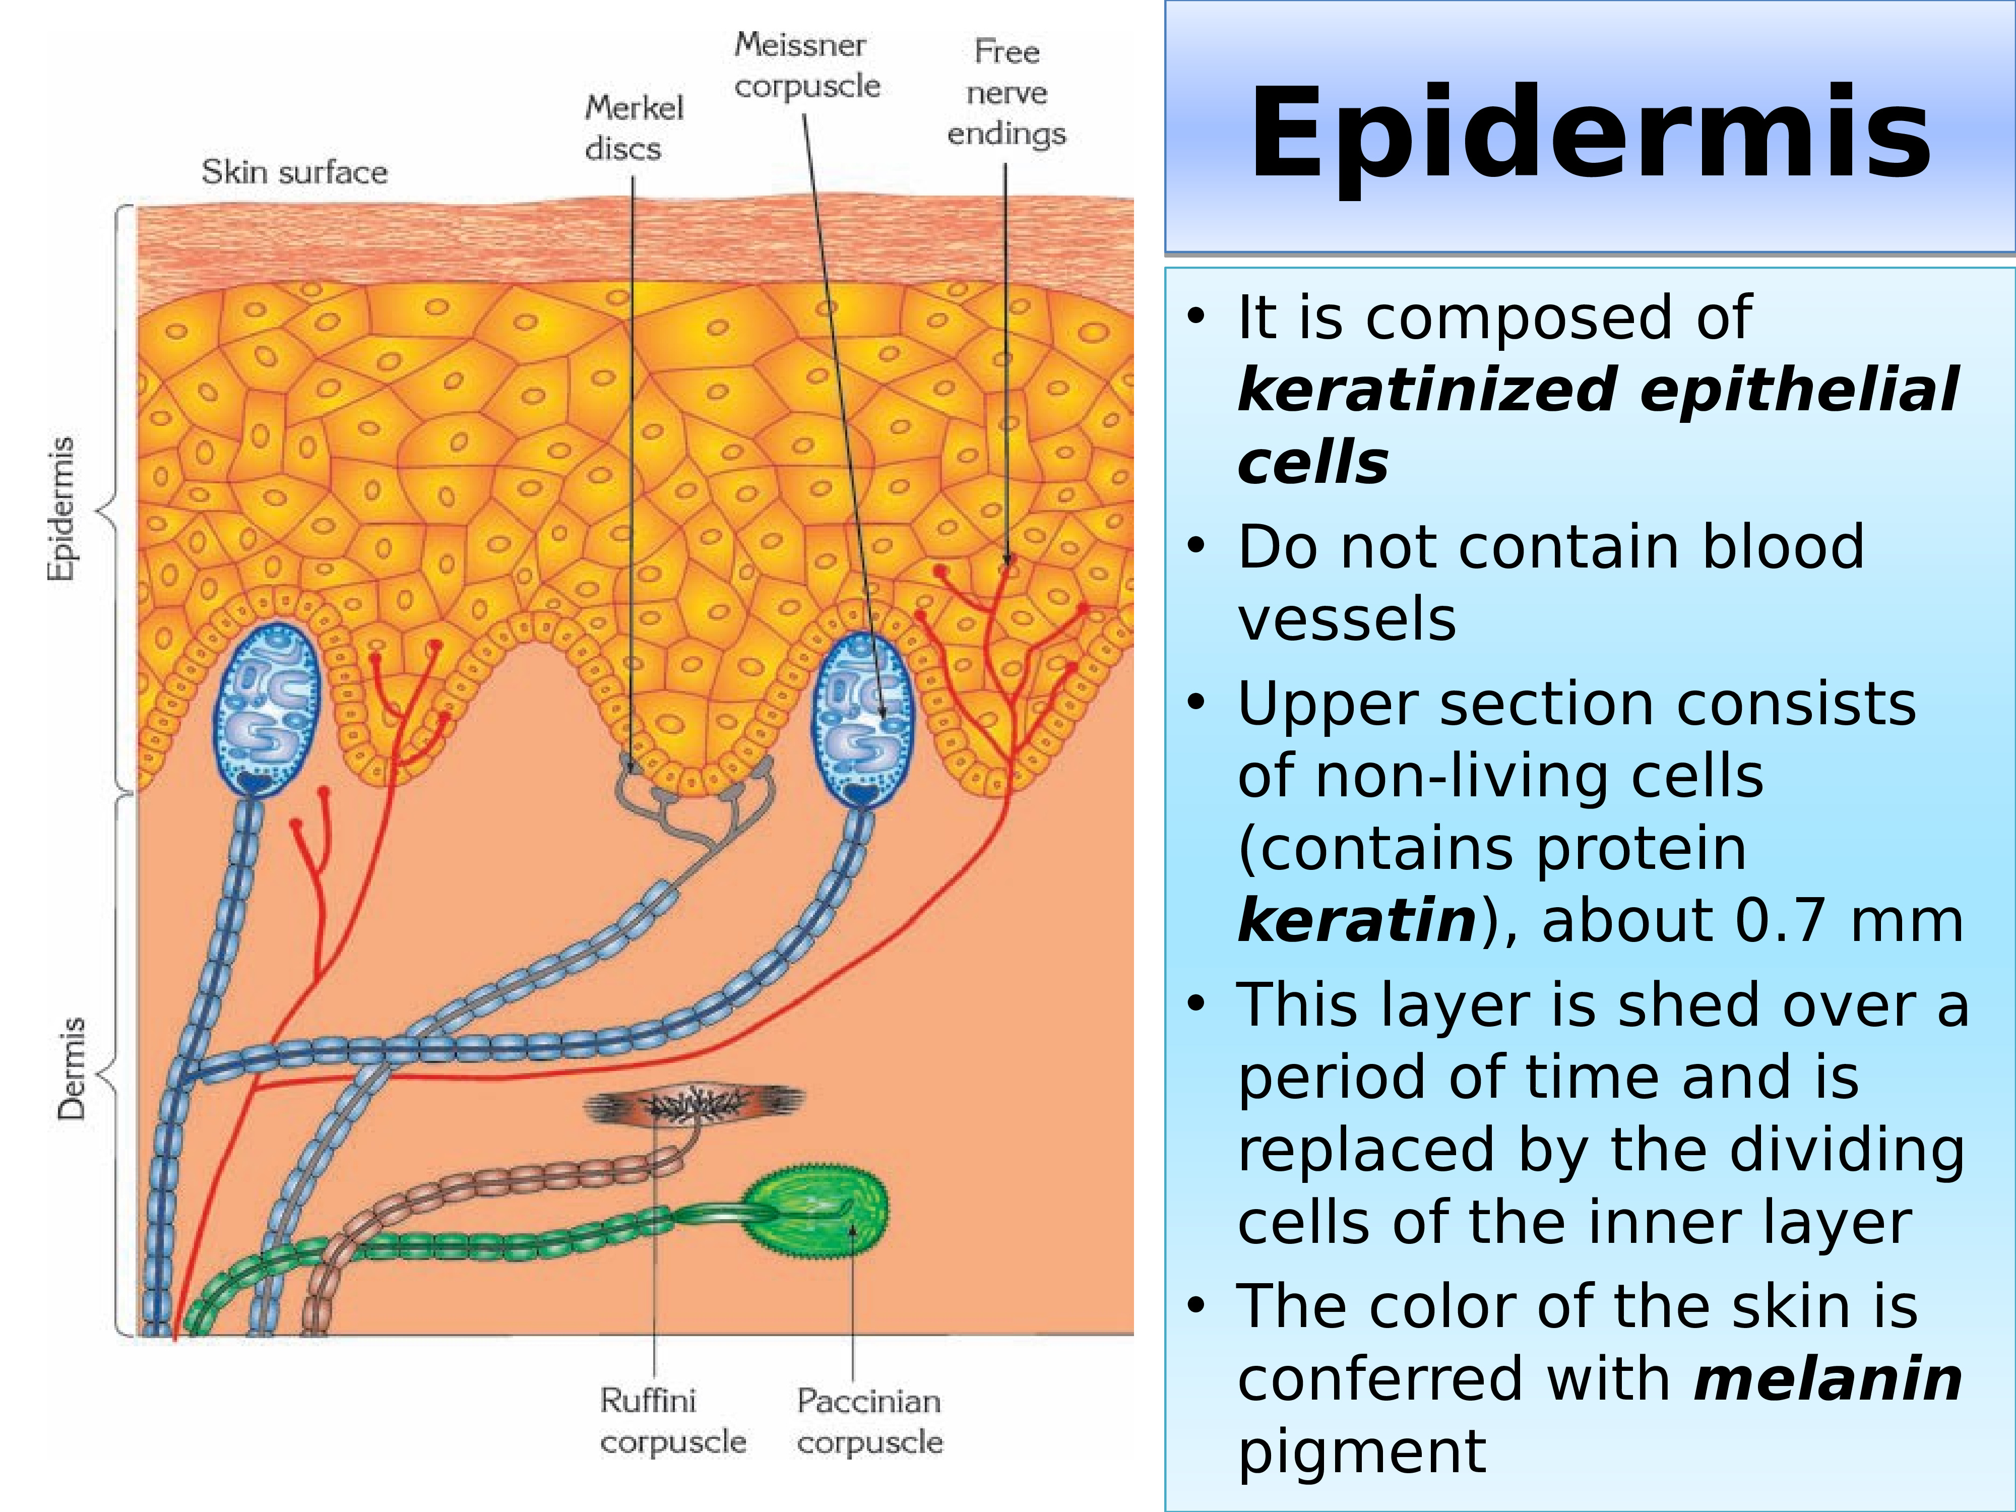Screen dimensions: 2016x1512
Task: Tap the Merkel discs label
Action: [x=634, y=128]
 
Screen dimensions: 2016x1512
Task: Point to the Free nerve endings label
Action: [x=1006, y=92]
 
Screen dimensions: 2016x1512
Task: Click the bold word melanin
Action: [x=1828, y=1379]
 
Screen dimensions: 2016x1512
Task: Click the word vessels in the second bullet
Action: [x=1346, y=620]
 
